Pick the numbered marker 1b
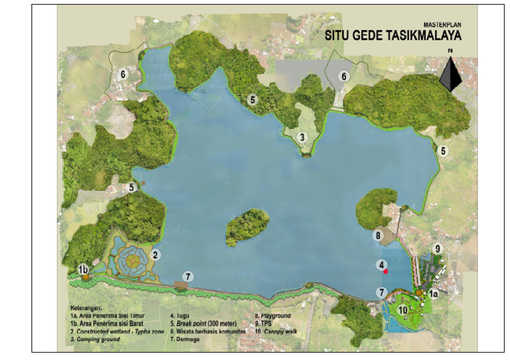pos(83,270)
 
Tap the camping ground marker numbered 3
pos(302,137)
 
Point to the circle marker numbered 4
pos(382,264)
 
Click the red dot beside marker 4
pos(385,270)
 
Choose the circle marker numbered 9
pos(437,248)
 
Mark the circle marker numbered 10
pos(402,309)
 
